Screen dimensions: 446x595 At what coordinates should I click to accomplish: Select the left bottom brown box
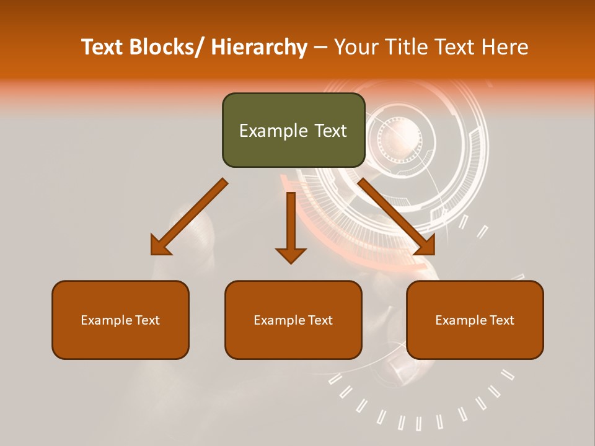click(x=120, y=320)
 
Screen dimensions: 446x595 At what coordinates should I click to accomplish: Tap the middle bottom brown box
click(x=293, y=320)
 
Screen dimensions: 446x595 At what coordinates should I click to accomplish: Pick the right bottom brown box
click(x=475, y=320)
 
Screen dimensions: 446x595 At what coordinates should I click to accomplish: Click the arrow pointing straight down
click(x=291, y=227)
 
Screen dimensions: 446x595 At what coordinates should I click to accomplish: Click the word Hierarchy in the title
click(x=259, y=48)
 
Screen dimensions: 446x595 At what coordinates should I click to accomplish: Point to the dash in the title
click(x=320, y=48)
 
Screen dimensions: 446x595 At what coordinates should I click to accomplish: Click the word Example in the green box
click(x=273, y=131)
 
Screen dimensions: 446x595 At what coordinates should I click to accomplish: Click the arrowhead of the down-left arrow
click(x=161, y=246)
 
